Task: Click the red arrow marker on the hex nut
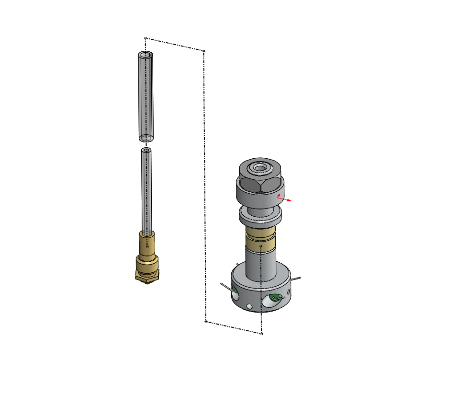click(x=282, y=198)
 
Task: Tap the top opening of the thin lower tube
click(x=146, y=151)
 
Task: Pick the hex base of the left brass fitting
click(x=147, y=275)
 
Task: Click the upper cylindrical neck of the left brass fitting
click(x=147, y=242)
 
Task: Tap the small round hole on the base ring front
click(x=249, y=306)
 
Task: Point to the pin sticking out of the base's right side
click(x=296, y=278)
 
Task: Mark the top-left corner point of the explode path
click(x=146, y=38)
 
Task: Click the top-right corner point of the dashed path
click(x=204, y=50)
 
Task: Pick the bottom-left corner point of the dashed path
click(x=206, y=321)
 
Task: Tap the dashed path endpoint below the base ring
click(x=261, y=334)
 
